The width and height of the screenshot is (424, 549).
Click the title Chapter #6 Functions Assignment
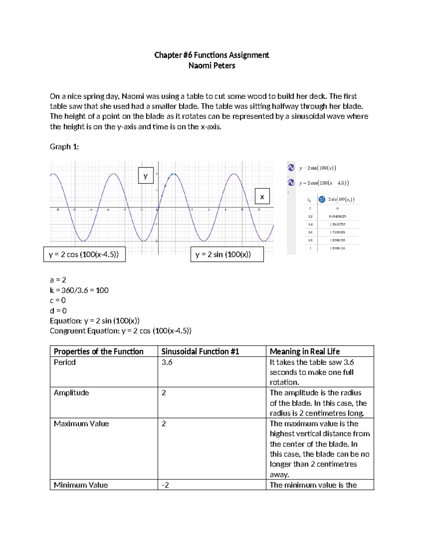point(212,55)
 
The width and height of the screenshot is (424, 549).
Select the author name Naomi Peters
point(212,66)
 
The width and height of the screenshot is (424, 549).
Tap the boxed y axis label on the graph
point(146,176)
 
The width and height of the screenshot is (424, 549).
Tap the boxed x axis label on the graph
point(262,197)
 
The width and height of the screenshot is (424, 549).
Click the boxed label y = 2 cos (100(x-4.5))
point(84,255)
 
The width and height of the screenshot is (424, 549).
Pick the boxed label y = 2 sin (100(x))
point(227,255)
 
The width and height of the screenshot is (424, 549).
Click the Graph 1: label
point(64,147)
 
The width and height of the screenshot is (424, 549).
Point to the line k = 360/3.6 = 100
point(79,290)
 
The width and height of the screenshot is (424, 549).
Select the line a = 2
point(58,280)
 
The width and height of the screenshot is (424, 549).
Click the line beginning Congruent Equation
point(120,331)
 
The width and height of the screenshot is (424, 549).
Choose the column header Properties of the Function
point(99,351)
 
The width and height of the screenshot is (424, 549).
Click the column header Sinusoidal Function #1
point(200,351)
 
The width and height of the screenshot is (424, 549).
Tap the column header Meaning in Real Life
point(305,351)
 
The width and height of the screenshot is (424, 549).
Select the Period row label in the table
point(65,362)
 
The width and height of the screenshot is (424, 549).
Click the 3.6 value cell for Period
point(167,362)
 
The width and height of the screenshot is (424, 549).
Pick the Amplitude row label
point(71,393)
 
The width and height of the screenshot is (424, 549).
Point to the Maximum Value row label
point(81,424)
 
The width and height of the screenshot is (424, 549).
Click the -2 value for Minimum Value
point(165,485)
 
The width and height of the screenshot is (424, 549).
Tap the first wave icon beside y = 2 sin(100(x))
point(291,168)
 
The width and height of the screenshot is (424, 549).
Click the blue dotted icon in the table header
point(322,199)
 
